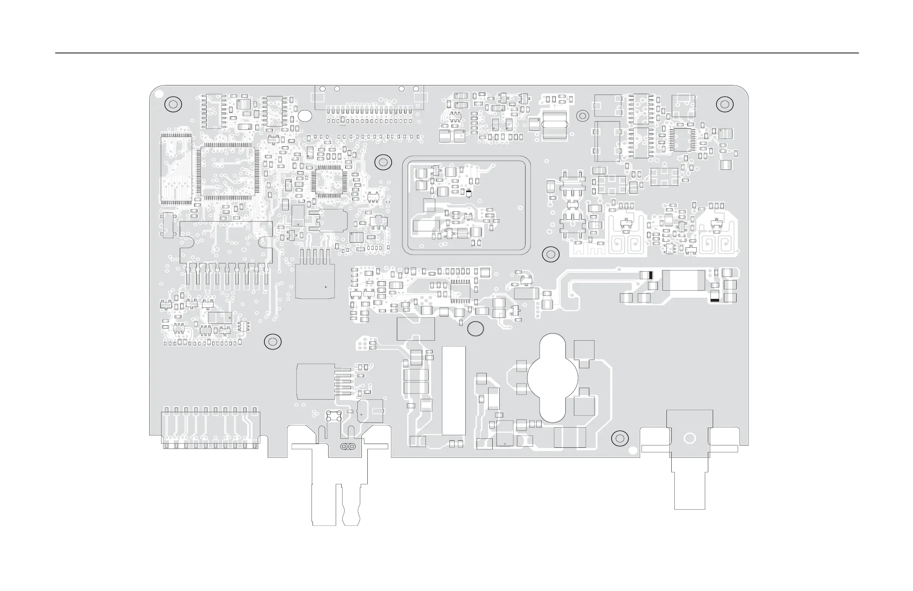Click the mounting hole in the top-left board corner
tap(173, 104)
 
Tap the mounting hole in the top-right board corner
tap(725, 104)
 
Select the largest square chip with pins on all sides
tap(228, 172)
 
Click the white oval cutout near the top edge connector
tap(305, 116)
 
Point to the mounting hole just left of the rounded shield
tap(383, 162)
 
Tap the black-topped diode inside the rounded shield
tap(468, 193)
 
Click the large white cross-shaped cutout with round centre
tap(552, 378)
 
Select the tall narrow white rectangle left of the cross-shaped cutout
tap(454, 391)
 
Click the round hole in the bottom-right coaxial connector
tap(690, 438)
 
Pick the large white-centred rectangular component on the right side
tap(684, 280)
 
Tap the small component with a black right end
tap(646, 275)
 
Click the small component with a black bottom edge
tap(715, 296)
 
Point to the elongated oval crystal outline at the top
tap(554, 124)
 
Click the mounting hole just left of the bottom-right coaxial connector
tap(619, 438)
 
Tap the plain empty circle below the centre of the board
tap(475, 329)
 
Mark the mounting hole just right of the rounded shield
tap(550, 254)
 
